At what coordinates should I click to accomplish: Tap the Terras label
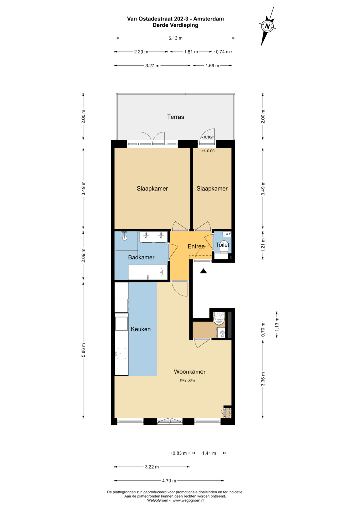tap(175, 117)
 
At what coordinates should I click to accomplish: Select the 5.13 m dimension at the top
tap(175, 38)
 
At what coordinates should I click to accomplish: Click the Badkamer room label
tap(141, 257)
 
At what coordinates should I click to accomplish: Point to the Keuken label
tap(141, 329)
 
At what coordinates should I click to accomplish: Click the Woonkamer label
tap(190, 372)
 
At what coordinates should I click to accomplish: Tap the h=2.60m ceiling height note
tap(187, 380)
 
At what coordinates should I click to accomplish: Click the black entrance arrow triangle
tap(203, 271)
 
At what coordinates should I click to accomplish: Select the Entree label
tap(196, 246)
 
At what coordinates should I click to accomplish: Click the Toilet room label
tap(223, 245)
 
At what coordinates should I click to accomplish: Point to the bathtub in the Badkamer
tap(148, 272)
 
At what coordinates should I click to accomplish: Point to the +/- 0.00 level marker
tap(208, 151)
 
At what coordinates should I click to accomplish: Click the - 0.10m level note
tap(208, 137)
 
